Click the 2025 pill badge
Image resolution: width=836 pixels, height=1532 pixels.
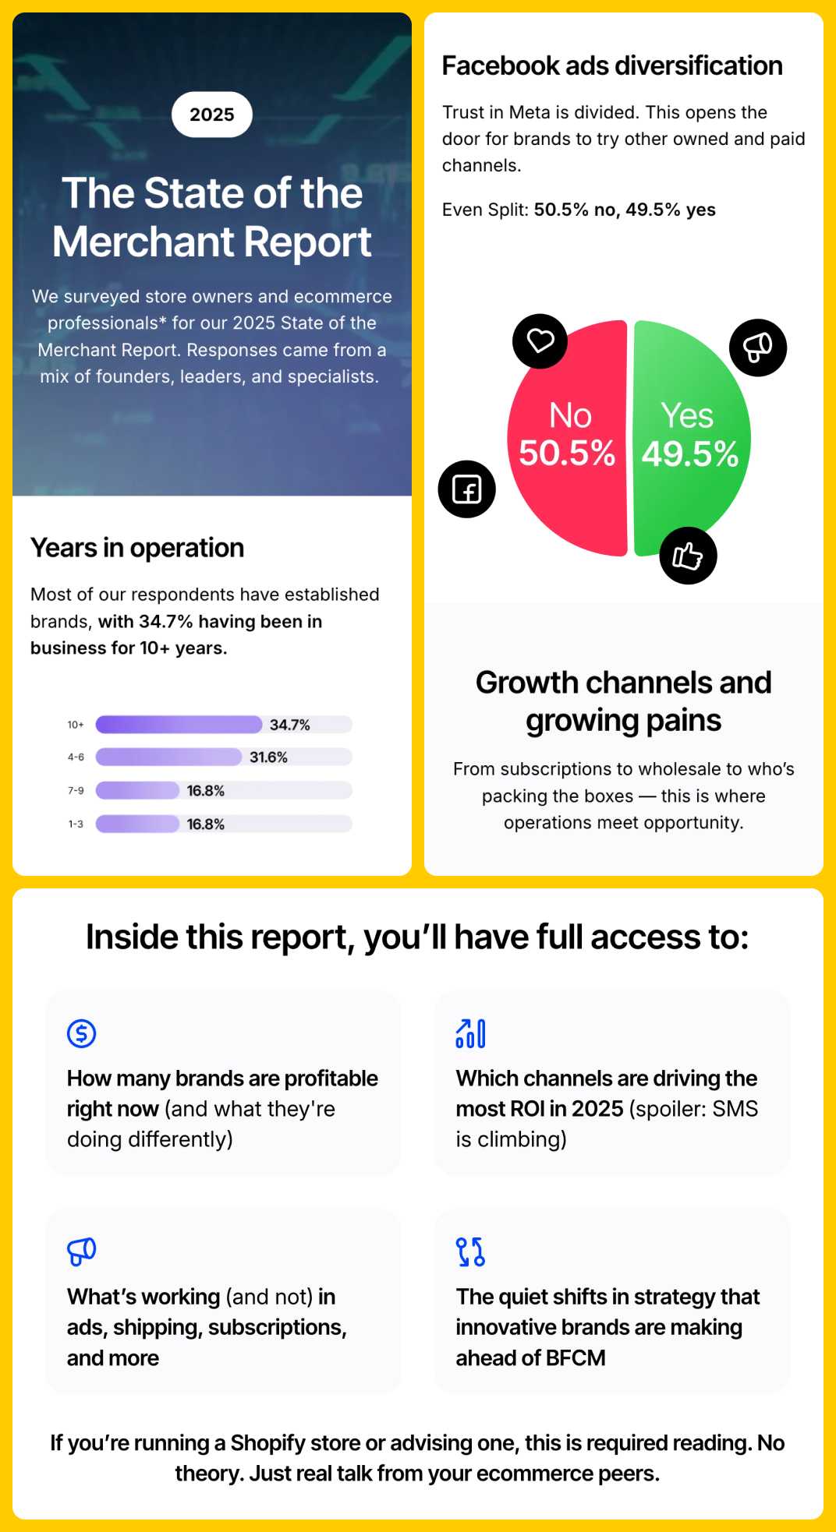pos(212,115)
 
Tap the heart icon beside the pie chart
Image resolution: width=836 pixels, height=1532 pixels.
pos(540,341)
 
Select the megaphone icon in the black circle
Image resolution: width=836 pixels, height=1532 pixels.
pos(758,348)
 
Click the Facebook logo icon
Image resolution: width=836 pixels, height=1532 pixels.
pos(467,489)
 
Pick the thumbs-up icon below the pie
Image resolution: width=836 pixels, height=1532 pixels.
pos(688,556)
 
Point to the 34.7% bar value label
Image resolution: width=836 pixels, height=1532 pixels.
pos(290,725)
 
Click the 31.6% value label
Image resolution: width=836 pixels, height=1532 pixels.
pos(268,757)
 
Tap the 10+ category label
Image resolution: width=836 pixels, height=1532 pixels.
pos(76,725)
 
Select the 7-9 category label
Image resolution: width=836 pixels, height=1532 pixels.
pos(76,790)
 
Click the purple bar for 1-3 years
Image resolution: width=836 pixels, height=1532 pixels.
pos(137,824)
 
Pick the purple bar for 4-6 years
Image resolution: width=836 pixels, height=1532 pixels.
pos(168,757)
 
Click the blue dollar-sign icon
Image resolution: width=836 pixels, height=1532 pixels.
pos(81,1033)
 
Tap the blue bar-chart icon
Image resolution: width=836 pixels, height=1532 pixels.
pos(470,1033)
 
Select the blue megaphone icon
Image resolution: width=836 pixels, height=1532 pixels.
pos(81,1251)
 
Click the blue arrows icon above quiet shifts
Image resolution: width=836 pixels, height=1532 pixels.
pos(470,1251)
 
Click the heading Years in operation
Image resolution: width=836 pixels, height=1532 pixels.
pos(137,548)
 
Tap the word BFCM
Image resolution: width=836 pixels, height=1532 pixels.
pos(576,1357)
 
